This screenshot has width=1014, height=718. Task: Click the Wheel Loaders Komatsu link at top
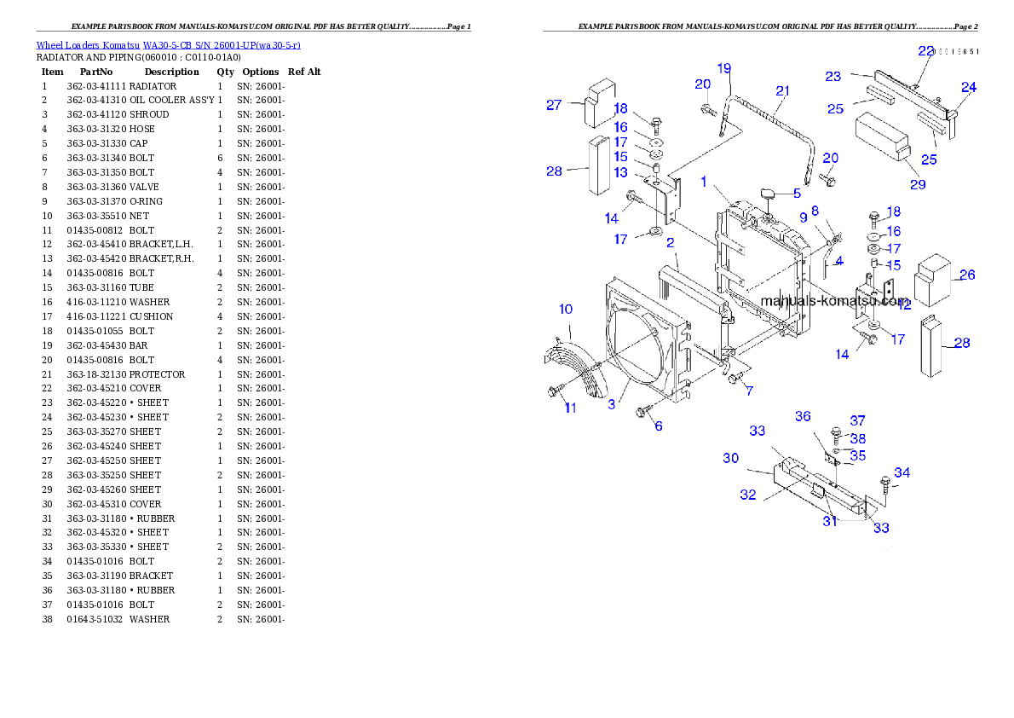pos(168,45)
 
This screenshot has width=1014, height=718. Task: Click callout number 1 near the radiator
pos(704,182)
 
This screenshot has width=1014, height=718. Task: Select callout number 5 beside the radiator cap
pos(797,193)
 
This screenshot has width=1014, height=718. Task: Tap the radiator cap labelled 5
pos(767,195)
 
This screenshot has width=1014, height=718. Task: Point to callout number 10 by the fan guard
pos(566,309)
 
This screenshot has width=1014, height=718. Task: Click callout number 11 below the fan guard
pos(570,408)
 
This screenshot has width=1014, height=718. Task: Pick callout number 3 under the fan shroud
pos(612,405)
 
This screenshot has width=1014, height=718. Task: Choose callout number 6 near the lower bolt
pos(659,426)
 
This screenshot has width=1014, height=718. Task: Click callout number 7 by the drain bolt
pos(749,391)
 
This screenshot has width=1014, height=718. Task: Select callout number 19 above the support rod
pos(723,67)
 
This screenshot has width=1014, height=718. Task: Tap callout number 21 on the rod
pos(782,90)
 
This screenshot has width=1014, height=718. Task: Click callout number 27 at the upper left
pos(554,105)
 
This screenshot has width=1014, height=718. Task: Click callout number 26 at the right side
pos(967,275)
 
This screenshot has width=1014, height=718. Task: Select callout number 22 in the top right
pos(925,51)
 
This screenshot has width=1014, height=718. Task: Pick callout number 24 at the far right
pos(969,87)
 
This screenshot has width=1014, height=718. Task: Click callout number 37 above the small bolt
pos(857,420)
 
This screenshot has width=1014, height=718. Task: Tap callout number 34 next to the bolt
pos(902,472)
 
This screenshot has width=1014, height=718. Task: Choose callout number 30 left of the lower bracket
pos(731,458)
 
